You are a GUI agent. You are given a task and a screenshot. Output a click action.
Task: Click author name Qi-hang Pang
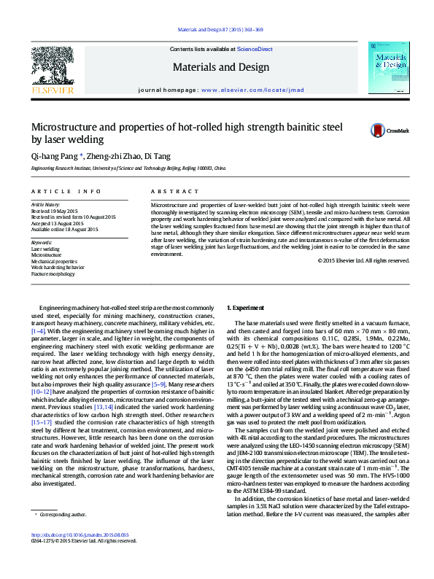tap(55, 156)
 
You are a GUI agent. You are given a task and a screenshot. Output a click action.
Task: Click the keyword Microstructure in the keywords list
tap(46, 254)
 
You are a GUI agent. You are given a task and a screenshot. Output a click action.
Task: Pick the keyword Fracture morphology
tap(53, 273)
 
